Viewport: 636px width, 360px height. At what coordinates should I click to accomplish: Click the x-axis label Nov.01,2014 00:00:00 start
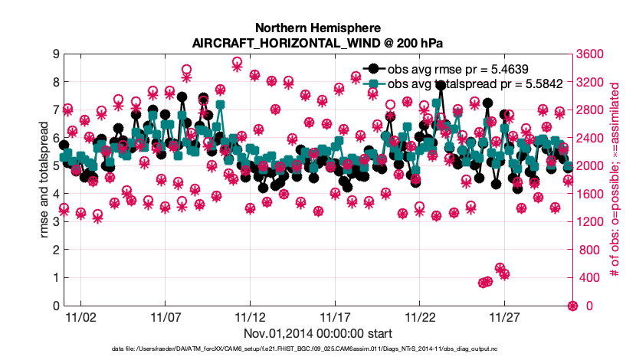317,334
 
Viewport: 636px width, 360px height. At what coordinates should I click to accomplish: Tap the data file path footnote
317,349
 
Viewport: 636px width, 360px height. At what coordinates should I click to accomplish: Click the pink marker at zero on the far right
572,306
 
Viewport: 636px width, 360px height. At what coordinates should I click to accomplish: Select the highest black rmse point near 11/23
441,86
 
